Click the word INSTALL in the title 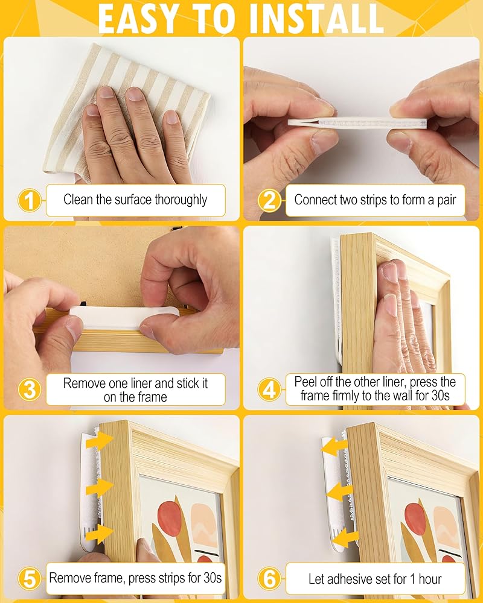[x=316, y=19]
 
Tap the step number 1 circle [x=29, y=200]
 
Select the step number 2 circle [x=269, y=200]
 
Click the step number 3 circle [x=29, y=390]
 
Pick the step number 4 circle [x=269, y=390]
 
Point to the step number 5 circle [x=29, y=579]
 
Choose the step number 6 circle [x=269, y=579]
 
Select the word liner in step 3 [x=141, y=383]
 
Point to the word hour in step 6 [x=430, y=579]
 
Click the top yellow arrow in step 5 [x=100, y=440]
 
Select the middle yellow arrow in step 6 [x=339, y=491]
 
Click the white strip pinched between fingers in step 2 [x=357, y=123]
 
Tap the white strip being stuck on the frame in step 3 [x=124, y=317]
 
